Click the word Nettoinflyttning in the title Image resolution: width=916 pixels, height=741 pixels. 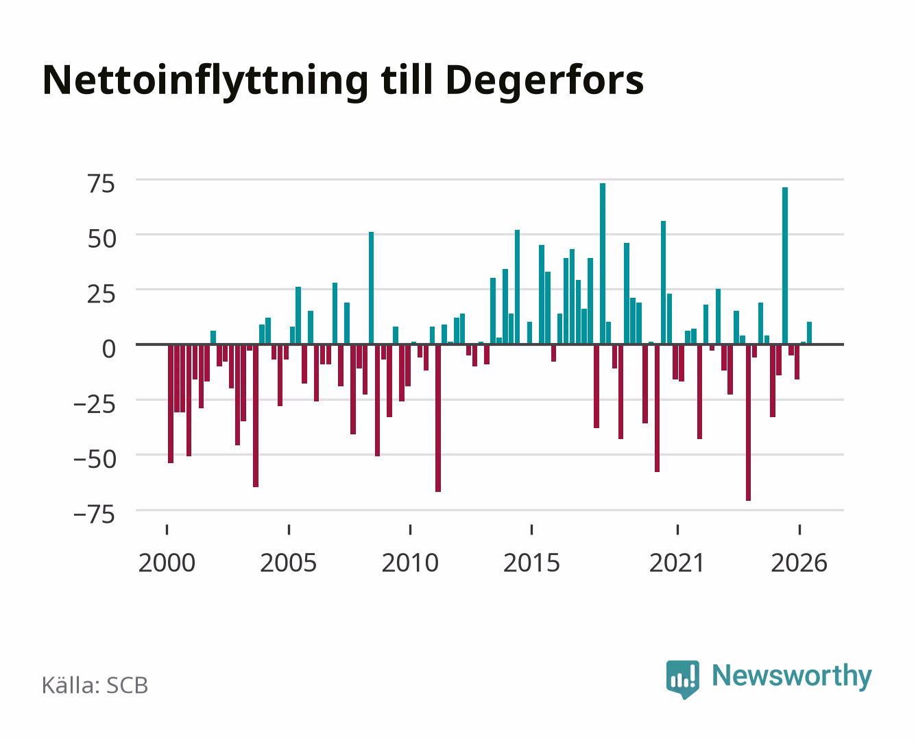205,82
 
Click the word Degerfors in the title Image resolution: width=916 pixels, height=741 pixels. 544,82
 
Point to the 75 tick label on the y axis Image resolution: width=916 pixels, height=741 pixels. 101,184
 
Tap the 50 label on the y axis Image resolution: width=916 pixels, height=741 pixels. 101,239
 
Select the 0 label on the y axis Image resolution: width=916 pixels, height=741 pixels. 109,349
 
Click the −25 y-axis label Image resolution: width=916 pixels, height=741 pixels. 95,404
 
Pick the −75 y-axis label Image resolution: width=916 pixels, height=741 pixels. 95,515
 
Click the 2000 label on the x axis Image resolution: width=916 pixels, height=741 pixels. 167,563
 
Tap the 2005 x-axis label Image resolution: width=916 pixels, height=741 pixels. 289,563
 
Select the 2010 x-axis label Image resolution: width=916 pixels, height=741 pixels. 410,563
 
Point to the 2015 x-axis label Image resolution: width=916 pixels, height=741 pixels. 532,563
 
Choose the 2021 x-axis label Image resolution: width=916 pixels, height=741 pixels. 677,563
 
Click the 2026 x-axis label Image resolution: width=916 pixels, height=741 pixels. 799,563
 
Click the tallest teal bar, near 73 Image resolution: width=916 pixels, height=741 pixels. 603,263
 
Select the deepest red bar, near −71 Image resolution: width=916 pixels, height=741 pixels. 748,423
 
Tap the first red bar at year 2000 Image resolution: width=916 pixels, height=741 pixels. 171,403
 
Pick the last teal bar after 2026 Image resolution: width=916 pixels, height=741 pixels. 809,333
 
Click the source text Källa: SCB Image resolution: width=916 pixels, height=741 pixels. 95,685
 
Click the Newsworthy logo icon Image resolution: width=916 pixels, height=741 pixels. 682,679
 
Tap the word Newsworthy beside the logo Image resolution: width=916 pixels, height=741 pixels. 792,677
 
